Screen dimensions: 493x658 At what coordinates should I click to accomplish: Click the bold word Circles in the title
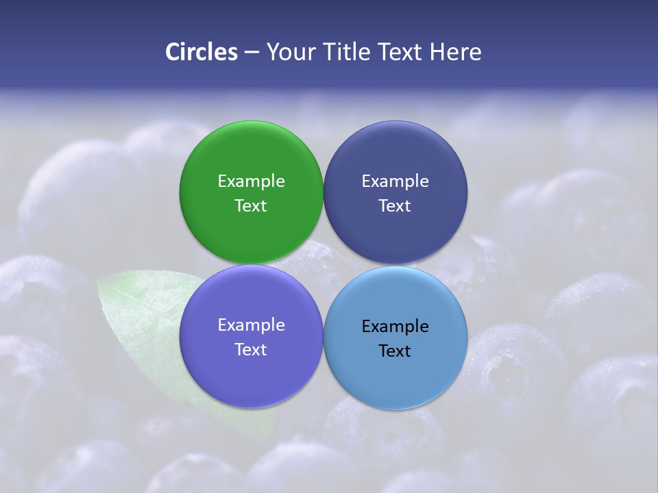coord(201,52)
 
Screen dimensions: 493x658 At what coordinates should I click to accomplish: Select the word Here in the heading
coord(455,52)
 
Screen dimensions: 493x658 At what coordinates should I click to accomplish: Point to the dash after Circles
coord(251,53)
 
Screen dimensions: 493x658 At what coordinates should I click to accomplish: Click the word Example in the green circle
coord(251,181)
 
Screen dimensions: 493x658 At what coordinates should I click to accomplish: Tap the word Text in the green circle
coord(251,206)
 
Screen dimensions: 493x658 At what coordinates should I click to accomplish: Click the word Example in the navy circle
coord(395,181)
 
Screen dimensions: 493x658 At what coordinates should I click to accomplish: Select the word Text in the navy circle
coord(395,206)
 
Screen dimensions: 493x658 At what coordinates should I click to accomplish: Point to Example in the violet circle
coord(251,325)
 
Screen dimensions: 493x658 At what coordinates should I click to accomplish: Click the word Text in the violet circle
coord(251,350)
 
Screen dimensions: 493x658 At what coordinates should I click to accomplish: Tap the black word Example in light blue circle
coord(395,327)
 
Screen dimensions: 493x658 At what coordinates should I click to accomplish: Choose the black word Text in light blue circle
coord(395,351)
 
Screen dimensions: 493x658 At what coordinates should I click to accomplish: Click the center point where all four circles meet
coord(323,264)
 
